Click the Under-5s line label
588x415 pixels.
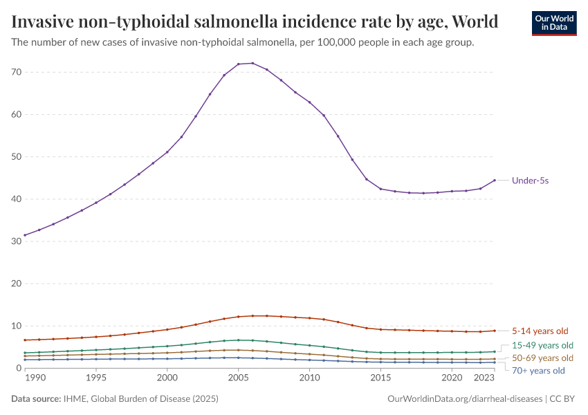(531, 181)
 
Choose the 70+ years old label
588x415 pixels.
(538, 371)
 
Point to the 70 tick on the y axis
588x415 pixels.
(17, 73)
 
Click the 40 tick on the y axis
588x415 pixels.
(17, 199)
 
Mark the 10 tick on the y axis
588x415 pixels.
(17, 326)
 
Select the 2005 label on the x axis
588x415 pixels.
(239, 378)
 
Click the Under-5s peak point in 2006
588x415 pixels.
(252, 63)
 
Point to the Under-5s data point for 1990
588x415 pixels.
(25, 235)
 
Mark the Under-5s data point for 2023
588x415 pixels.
(495, 181)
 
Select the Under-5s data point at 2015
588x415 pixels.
(380, 189)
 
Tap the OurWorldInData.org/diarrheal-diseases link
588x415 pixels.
(466, 399)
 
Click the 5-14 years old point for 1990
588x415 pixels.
(25, 340)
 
